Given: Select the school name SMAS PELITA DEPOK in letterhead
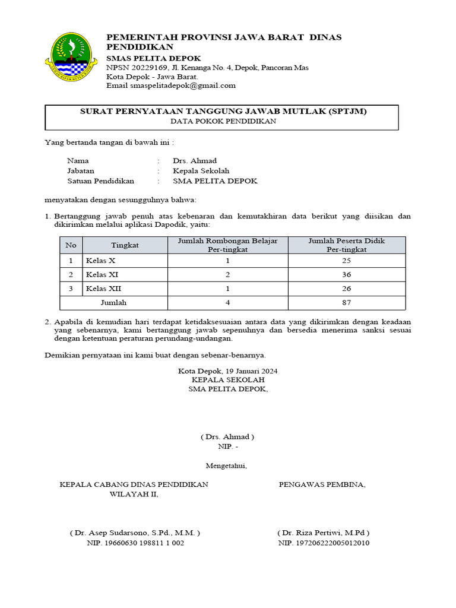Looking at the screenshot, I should coord(153,58).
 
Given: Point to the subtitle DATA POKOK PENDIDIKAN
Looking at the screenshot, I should coord(223,121).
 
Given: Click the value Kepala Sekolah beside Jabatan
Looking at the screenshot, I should coord(197,170).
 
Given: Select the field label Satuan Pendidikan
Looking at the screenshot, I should coord(101,181).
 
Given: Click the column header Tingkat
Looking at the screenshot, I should coord(125,245).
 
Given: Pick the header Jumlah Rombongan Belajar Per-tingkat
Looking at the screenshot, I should coord(228,245).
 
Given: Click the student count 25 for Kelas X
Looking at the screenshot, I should coord(347,261).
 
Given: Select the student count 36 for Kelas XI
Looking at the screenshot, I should coord(347,274).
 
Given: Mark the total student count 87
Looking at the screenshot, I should coord(347,302).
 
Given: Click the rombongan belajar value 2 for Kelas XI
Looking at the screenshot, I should coord(228,274).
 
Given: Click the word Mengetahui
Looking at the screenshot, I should coord(226,465).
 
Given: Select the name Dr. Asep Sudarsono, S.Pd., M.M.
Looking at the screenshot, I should coord(135,533).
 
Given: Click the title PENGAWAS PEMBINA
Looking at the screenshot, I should coord(322,484).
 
